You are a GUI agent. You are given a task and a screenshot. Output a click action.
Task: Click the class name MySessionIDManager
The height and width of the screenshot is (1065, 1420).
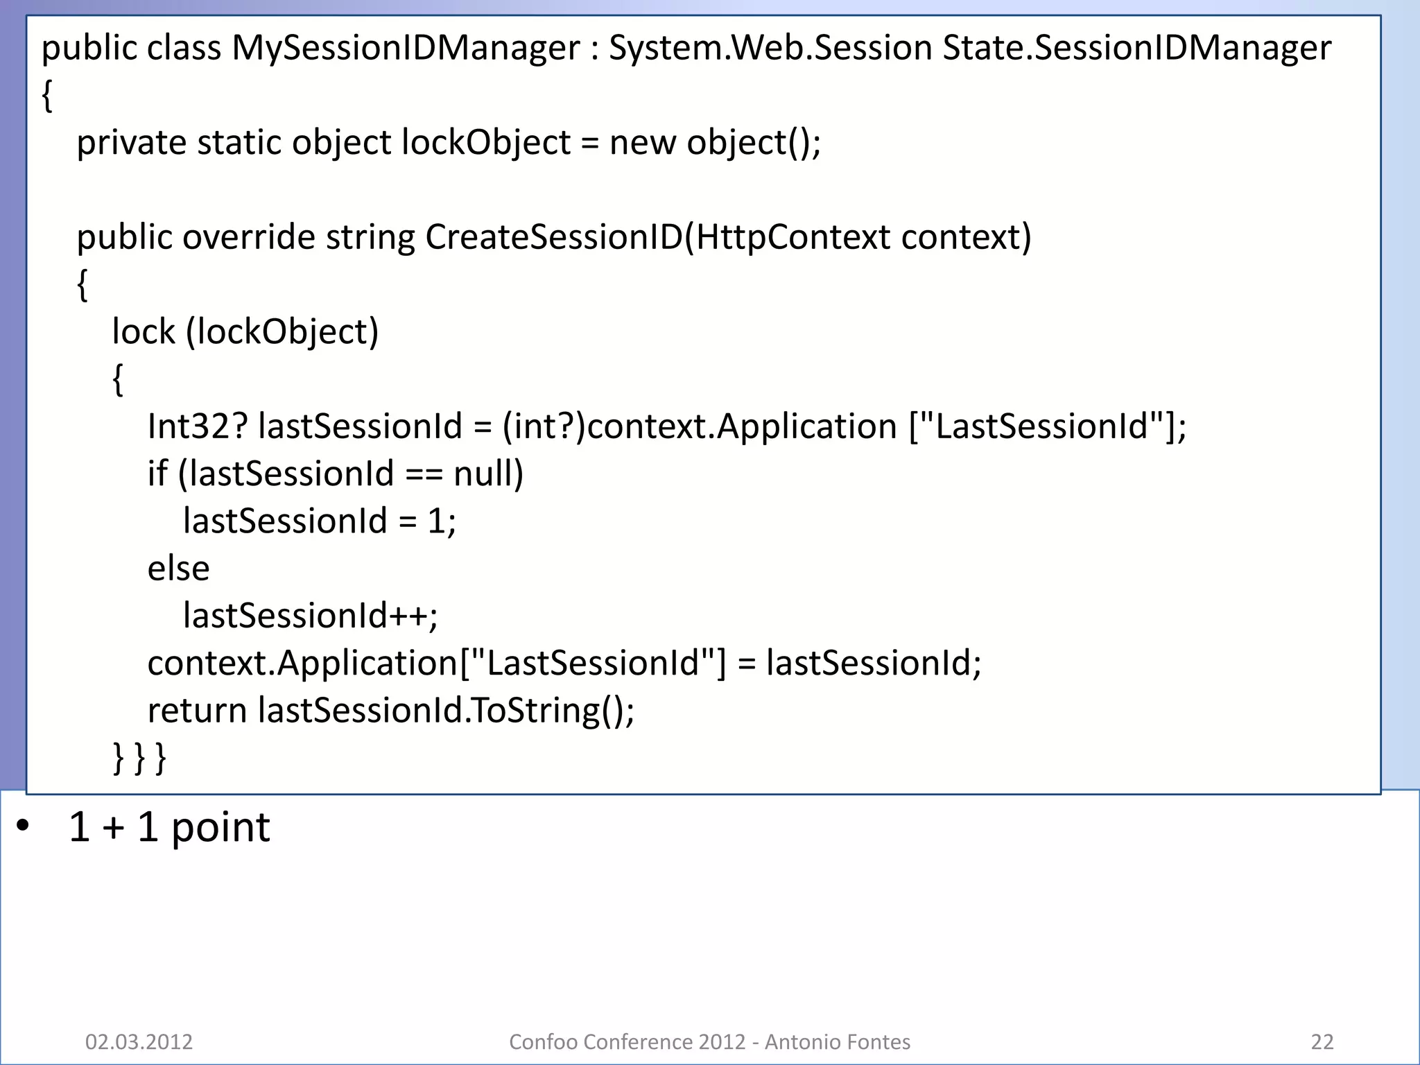(x=405, y=49)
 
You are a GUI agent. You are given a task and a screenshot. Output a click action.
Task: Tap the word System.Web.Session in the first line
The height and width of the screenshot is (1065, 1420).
(x=770, y=49)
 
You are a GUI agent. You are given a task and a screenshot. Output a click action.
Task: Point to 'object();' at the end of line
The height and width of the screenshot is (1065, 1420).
(x=753, y=143)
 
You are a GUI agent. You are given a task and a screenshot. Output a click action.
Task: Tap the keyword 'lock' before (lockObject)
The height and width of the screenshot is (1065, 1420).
(x=143, y=332)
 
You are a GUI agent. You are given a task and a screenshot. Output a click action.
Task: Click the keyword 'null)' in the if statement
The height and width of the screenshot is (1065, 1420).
(x=488, y=474)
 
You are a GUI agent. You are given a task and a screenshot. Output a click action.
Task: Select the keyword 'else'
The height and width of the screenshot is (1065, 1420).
(x=178, y=569)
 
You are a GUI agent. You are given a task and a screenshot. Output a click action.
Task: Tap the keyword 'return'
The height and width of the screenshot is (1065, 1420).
(x=197, y=711)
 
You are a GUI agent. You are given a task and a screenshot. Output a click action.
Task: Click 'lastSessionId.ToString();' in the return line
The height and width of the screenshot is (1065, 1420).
(x=446, y=711)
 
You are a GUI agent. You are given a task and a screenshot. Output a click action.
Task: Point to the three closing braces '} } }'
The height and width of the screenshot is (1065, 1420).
(x=139, y=758)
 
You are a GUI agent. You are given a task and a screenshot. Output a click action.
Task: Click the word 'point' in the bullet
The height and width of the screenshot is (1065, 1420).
(x=220, y=828)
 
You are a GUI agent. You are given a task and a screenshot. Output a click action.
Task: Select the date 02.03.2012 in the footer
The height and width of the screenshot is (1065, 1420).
(x=139, y=1042)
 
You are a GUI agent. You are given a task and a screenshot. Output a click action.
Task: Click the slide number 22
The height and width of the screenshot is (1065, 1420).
(x=1322, y=1042)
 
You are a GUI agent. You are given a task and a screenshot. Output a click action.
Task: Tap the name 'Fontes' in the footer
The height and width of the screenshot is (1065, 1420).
(x=878, y=1042)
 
